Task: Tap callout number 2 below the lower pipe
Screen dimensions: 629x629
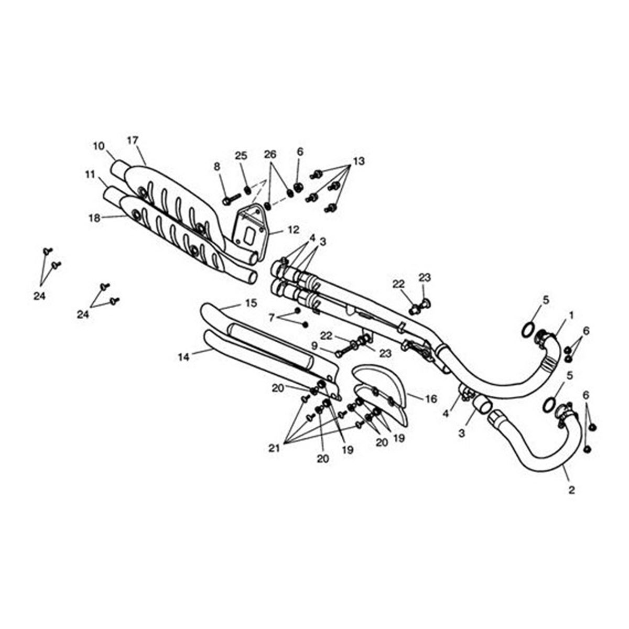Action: coord(571,490)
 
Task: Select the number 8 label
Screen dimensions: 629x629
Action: coord(218,166)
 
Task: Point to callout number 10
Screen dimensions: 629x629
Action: coord(99,146)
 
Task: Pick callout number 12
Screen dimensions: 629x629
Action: coord(293,229)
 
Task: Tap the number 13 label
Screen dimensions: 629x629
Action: coord(359,160)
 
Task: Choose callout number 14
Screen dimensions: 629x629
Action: coord(183,357)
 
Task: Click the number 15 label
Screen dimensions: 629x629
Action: coord(251,302)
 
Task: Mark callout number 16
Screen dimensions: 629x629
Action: coord(431,399)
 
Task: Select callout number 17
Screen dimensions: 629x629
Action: coord(132,140)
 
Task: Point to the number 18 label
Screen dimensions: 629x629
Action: coord(94,218)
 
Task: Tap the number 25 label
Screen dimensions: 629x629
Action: coord(241,156)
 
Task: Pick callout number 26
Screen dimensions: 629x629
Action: coord(270,155)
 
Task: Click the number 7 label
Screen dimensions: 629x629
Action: coord(271,317)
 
